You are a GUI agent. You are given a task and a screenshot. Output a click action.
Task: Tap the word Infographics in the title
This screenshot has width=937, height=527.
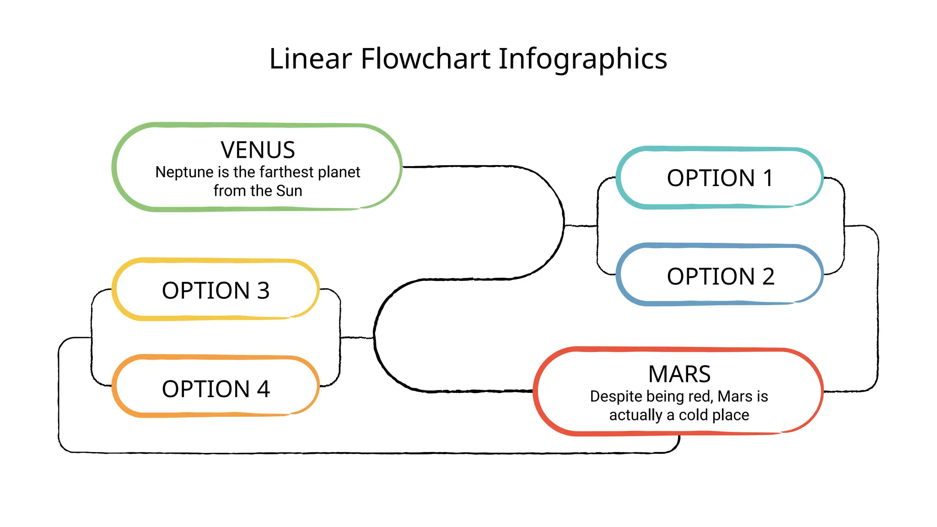pyautogui.click(x=582, y=59)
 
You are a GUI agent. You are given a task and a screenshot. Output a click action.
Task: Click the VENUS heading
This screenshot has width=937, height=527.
pyautogui.click(x=258, y=150)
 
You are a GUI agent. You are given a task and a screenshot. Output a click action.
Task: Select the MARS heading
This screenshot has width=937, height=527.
pyautogui.click(x=679, y=374)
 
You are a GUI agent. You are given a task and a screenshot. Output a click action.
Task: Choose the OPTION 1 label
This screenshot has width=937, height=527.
pyautogui.click(x=720, y=178)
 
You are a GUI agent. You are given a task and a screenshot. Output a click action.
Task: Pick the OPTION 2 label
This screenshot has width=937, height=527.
pyautogui.click(x=721, y=276)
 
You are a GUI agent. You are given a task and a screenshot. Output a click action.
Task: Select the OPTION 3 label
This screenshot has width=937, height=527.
pyautogui.click(x=215, y=290)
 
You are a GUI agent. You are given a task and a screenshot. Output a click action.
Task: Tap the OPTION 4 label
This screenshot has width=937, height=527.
pyautogui.click(x=215, y=389)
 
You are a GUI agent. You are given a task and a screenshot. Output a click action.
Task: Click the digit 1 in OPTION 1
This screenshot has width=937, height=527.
pyautogui.click(x=768, y=178)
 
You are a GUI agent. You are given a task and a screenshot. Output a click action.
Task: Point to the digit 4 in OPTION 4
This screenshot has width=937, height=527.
pyautogui.click(x=263, y=389)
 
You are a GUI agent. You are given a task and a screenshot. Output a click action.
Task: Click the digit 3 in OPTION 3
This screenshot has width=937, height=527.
pyautogui.click(x=263, y=290)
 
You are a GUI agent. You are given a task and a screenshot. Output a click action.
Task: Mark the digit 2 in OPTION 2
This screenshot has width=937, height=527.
pyautogui.click(x=768, y=276)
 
